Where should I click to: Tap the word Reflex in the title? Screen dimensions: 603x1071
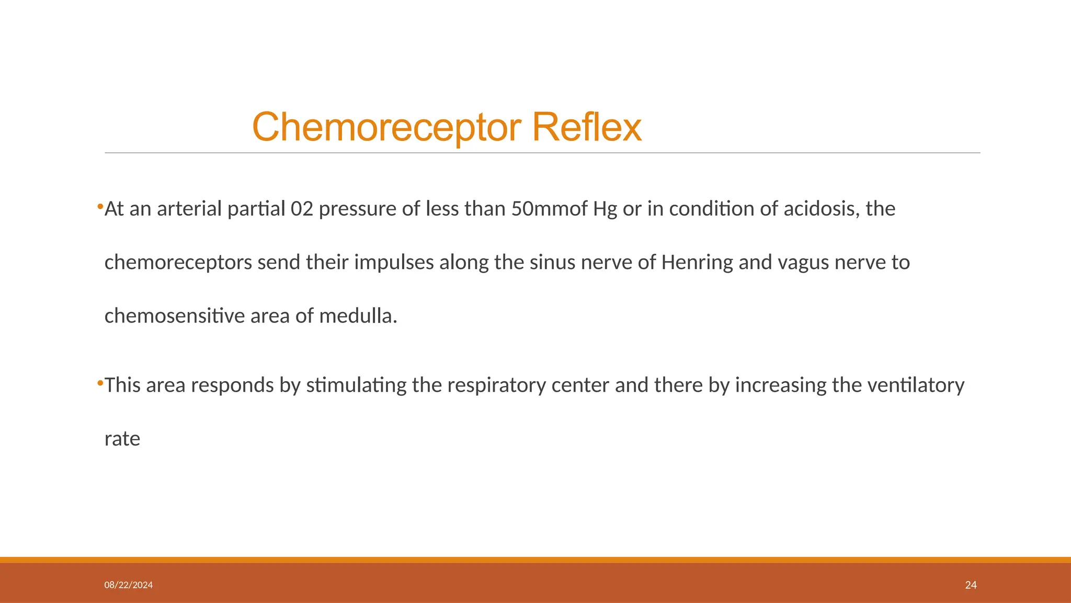click(587, 127)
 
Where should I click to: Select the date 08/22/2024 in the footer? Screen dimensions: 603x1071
click(129, 585)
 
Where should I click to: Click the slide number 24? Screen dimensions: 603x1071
click(971, 585)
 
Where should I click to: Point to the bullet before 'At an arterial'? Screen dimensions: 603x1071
click(100, 207)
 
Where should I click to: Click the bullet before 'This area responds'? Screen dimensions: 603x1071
click(100, 384)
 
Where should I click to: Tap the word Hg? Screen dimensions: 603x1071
click(605, 209)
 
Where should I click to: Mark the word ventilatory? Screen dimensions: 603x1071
click(916, 385)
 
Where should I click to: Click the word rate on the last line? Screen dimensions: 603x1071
click(122, 439)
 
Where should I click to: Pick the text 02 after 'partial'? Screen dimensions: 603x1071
click(302, 209)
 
